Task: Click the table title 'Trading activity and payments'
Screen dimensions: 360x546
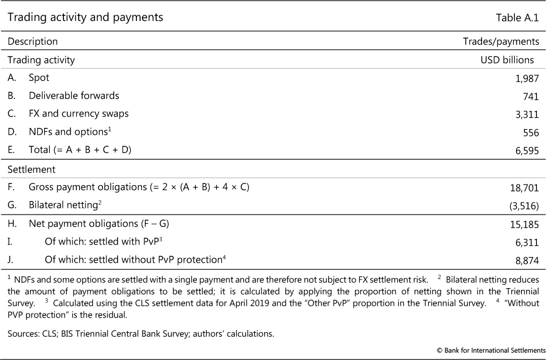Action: (x=85, y=18)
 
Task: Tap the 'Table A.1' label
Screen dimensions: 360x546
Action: (x=517, y=18)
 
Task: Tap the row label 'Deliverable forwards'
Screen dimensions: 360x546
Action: (x=74, y=96)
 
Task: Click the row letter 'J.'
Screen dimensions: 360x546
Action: (x=11, y=260)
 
